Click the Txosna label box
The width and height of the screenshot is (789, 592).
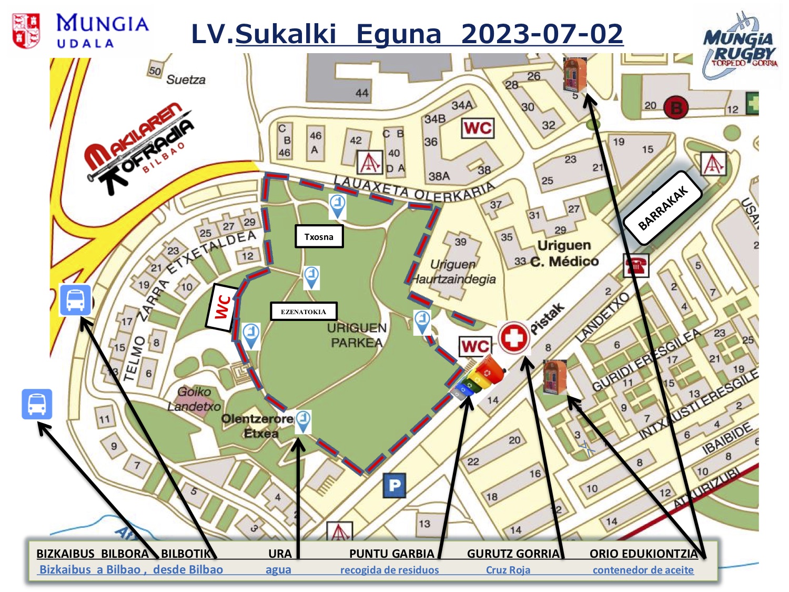(319, 237)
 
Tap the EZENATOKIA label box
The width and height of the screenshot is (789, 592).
(304, 312)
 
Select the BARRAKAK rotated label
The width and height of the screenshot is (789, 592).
(663, 208)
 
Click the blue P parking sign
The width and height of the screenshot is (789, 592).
(394, 485)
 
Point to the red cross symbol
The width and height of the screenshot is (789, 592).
(513, 337)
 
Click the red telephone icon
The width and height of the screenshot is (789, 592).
(636, 265)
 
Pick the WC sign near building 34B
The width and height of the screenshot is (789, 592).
(478, 128)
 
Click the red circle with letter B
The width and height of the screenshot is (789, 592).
(676, 108)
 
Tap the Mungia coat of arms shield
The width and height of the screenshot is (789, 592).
(26, 31)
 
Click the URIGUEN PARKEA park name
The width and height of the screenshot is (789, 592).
(357, 335)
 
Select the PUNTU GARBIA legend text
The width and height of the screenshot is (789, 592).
(391, 554)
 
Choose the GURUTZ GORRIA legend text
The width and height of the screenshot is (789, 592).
(513, 554)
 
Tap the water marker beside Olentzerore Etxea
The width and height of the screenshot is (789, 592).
(303, 421)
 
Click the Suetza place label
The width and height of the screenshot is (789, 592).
(186, 80)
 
